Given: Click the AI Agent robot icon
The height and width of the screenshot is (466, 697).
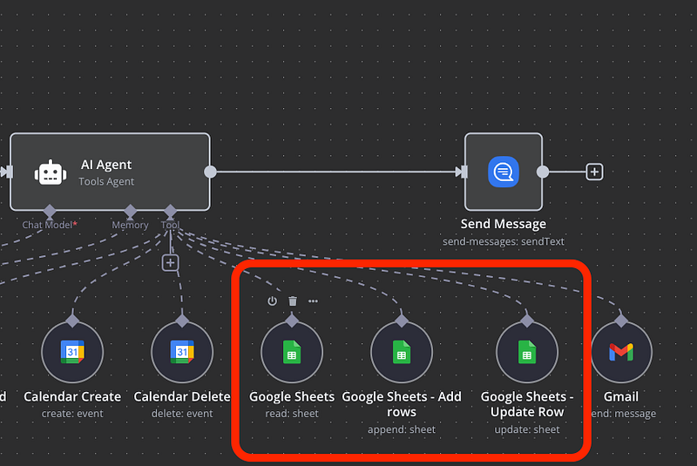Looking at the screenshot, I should coord(51,172).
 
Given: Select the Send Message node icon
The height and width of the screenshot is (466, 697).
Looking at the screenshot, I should coord(504,172).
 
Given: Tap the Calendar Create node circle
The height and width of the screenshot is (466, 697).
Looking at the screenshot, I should coord(72,353).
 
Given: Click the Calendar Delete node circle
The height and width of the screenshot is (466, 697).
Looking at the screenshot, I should coord(182,353).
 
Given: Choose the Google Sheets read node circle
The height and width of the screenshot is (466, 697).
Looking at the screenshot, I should coord(292,353).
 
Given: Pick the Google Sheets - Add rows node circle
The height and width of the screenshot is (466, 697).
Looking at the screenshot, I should coord(402,353).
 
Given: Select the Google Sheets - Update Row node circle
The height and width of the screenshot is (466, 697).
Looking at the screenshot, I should coord(527,353).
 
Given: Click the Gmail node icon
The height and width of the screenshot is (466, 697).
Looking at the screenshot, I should coord(621,353).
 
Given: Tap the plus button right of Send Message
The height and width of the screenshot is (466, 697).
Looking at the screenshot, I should coord(594,172).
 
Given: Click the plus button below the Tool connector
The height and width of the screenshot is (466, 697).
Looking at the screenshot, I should coord(171,262).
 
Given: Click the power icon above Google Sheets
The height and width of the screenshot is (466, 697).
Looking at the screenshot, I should coord(272,301).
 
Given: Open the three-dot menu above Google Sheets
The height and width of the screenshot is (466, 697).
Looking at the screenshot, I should coord(313,301).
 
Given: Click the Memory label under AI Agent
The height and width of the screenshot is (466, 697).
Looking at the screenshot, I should coord(130,225).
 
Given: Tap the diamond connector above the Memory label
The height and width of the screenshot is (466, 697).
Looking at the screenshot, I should coord(130,211).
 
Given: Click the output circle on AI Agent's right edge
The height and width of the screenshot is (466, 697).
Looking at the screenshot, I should coord(210,172).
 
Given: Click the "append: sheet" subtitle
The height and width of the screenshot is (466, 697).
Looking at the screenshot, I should coord(402,429).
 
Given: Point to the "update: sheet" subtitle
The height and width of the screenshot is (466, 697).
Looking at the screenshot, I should coord(527,429).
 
